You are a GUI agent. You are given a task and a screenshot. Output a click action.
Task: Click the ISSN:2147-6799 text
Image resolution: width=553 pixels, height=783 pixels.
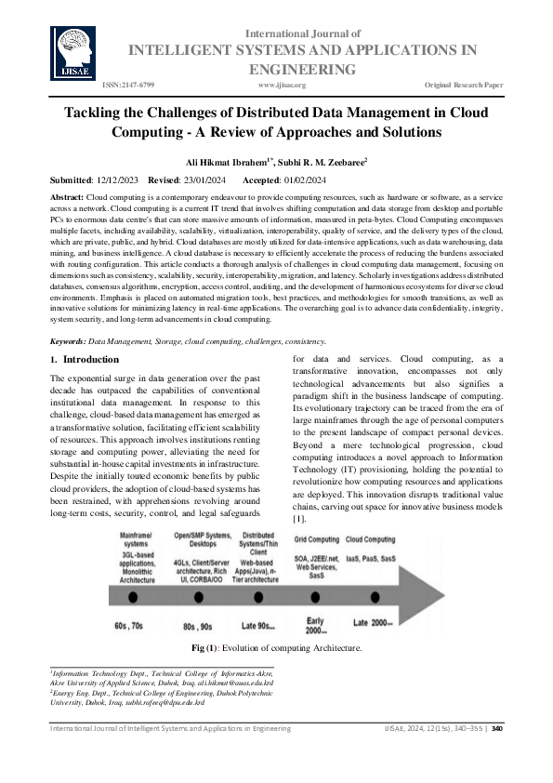129,85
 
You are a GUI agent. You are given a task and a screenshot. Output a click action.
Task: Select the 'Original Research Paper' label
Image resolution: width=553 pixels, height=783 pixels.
464,85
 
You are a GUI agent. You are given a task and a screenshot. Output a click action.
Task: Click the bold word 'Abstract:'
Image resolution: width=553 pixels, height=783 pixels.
66,199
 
